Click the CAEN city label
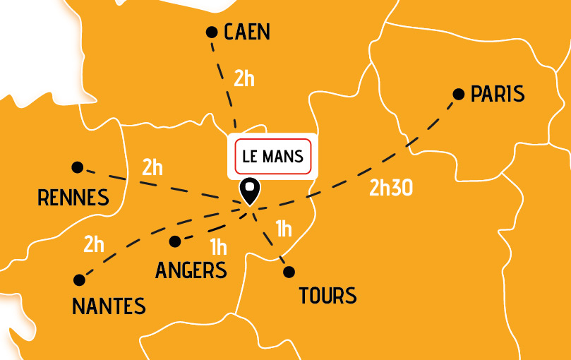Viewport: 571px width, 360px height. coord(247,32)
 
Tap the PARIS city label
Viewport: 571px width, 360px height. coord(498,94)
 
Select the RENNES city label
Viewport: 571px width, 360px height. coord(73,197)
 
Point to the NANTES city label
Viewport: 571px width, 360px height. coord(109,306)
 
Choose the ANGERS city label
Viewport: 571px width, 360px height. coord(191,270)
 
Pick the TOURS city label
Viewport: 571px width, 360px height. coord(327,295)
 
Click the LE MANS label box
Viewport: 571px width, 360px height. coord(272,157)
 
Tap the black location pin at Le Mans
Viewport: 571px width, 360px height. coord(250,191)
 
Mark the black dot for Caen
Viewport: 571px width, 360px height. coord(211,32)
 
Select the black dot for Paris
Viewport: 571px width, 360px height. coord(458,94)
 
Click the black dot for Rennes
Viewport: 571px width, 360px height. coord(78,167)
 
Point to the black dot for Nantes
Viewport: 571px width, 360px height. coord(79,280)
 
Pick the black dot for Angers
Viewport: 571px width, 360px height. coord(175,241)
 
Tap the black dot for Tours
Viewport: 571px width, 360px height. coord(288,272)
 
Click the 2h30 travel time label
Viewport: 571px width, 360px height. coord(390,188)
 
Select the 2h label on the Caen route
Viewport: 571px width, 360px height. coord(244,78)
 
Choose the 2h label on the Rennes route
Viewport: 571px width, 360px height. coord(152,168)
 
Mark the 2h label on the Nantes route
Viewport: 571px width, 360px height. coord(94,245)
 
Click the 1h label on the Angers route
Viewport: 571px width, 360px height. coord(219,247)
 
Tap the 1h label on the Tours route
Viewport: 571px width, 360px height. coord(284,229)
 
